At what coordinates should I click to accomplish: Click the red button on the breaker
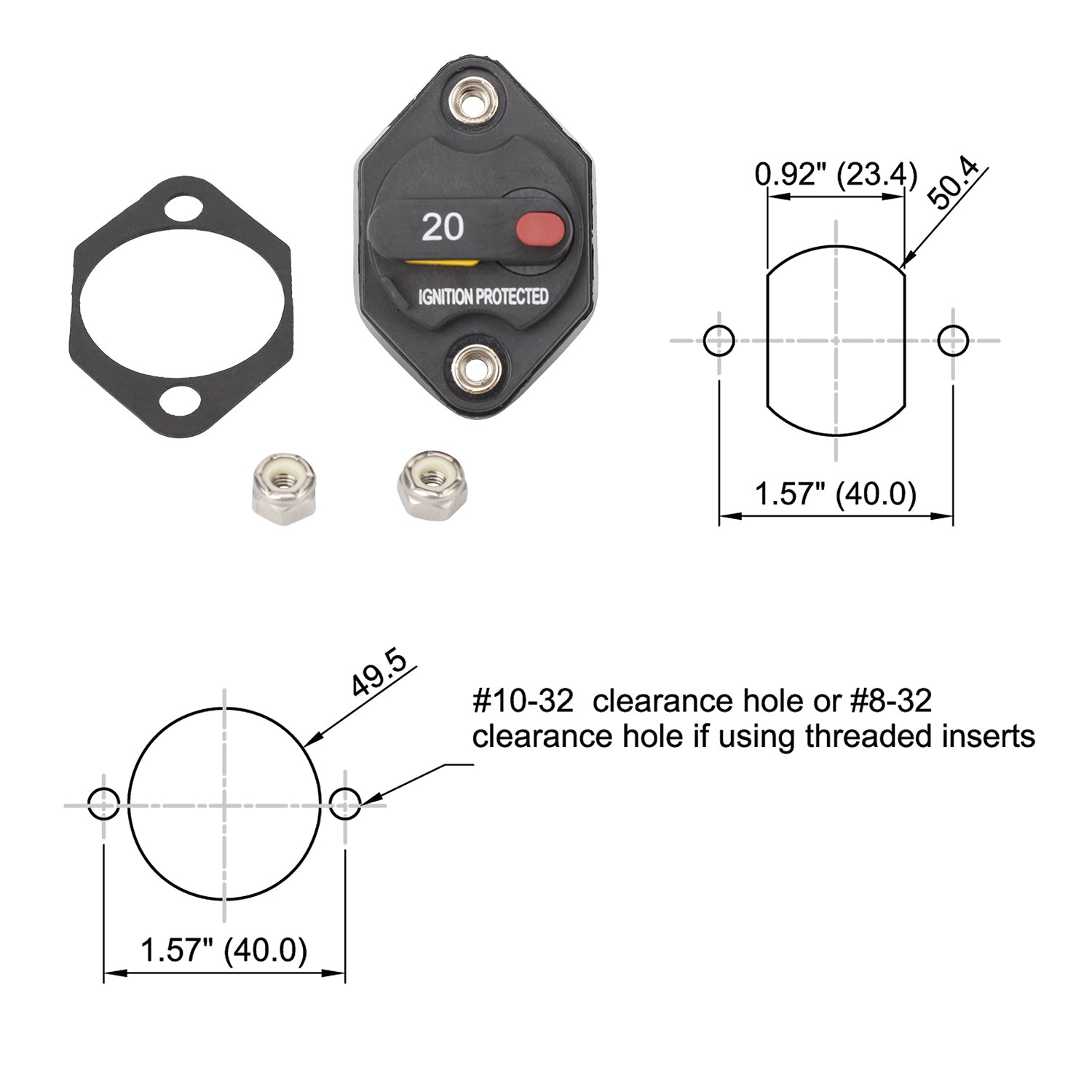540,229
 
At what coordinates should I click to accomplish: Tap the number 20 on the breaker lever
443,228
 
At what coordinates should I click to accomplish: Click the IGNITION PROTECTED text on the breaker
483,297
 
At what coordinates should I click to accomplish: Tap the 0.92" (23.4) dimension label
836,175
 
